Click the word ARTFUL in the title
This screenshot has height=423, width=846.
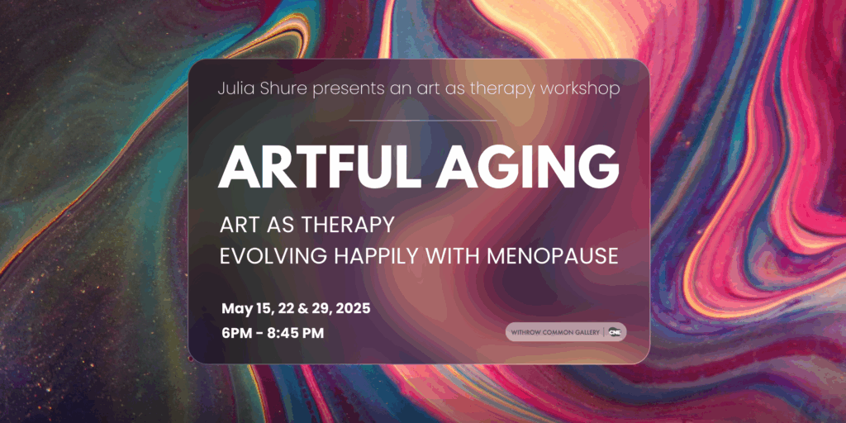click(320, 166)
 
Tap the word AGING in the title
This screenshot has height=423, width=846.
click(528, 166)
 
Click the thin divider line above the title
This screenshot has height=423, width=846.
click(422, 121)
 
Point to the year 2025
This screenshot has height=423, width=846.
click(354, 309)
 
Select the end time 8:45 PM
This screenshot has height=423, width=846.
click(298, 334)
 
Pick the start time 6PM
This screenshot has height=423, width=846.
click(237, 334)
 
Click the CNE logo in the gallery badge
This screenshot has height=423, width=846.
click(615, 332)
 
